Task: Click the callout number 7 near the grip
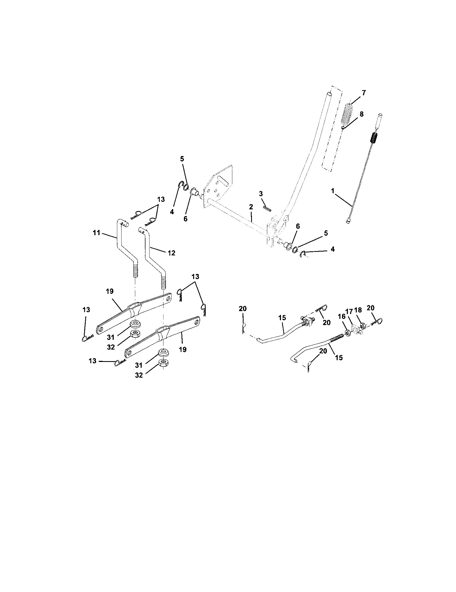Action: [364, 93]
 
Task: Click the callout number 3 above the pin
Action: [261, 194]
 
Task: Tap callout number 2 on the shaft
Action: [251, 207]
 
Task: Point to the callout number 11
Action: [97, 232]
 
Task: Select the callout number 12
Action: [171, 253]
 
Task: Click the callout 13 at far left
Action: [86, 310]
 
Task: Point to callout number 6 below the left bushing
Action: [185, 219]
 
